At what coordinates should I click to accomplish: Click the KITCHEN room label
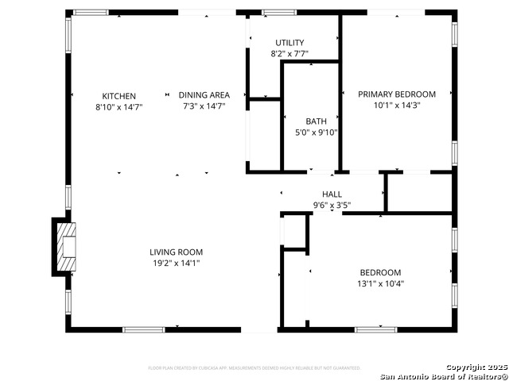pos(119,96)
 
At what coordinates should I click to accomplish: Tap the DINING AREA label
pos(204,96)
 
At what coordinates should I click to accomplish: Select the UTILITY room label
pos(289,43)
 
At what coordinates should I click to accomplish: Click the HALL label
pos(332,194)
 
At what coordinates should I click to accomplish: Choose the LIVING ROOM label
pos(176,252)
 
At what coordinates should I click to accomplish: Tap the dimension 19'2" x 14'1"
pos(176,263)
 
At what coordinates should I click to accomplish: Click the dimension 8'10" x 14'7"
pos(119,106)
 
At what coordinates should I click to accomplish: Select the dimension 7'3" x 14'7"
pos(204,106)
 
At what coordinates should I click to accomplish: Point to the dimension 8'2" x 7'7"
pos(289,54)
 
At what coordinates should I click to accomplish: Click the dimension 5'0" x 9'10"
pos(317,133)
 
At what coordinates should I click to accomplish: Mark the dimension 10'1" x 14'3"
pos(397,105)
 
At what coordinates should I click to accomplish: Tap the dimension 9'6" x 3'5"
pos(332,205)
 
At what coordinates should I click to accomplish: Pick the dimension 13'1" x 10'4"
pos(379,283)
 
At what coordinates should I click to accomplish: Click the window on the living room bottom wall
pos(143,329)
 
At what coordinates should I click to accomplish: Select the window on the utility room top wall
pos(279,13)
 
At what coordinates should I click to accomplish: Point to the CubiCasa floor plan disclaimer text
pos(254,368)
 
